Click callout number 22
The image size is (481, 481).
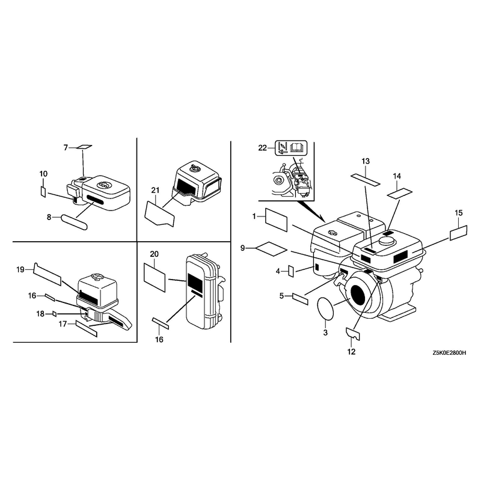click(x=263, y=148)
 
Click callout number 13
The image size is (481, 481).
click(x=366, y=161)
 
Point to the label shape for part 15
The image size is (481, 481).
click(x=459, y=233)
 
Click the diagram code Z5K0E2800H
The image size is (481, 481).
click(x=449, y=353)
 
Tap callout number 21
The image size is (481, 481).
click(x=156, y=190)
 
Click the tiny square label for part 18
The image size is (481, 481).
click(x=55, y=314)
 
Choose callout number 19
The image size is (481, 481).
click(x=20, y=269)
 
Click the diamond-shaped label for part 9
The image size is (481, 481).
click(x=272, y=248)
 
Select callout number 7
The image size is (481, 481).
click(x=66, y=148)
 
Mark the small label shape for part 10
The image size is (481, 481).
click(x=43, y=192)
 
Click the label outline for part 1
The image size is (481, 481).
click(x=276, y=220)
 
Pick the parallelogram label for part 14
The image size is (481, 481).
click(x=399, y=194)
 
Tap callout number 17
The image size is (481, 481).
click(x=63, y=324)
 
